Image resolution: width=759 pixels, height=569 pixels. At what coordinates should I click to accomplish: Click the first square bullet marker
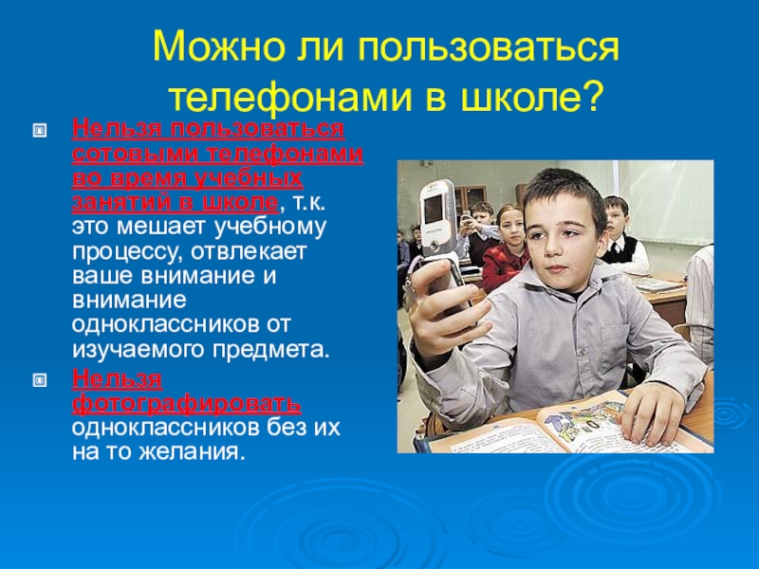(x=40, y=130)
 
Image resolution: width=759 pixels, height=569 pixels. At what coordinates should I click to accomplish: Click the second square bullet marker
(x=40, y=380)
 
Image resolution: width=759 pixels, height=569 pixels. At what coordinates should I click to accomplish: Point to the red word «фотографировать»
(x=186, y=403)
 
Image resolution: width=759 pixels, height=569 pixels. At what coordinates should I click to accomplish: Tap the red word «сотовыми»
(x=136, y=154)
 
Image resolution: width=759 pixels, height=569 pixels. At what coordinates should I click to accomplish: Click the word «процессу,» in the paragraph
(x=127, y=252)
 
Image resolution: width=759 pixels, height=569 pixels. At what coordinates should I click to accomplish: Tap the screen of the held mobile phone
(x=434, y=210)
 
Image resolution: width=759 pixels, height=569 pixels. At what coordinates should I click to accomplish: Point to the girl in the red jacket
(x=506, y=247)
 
